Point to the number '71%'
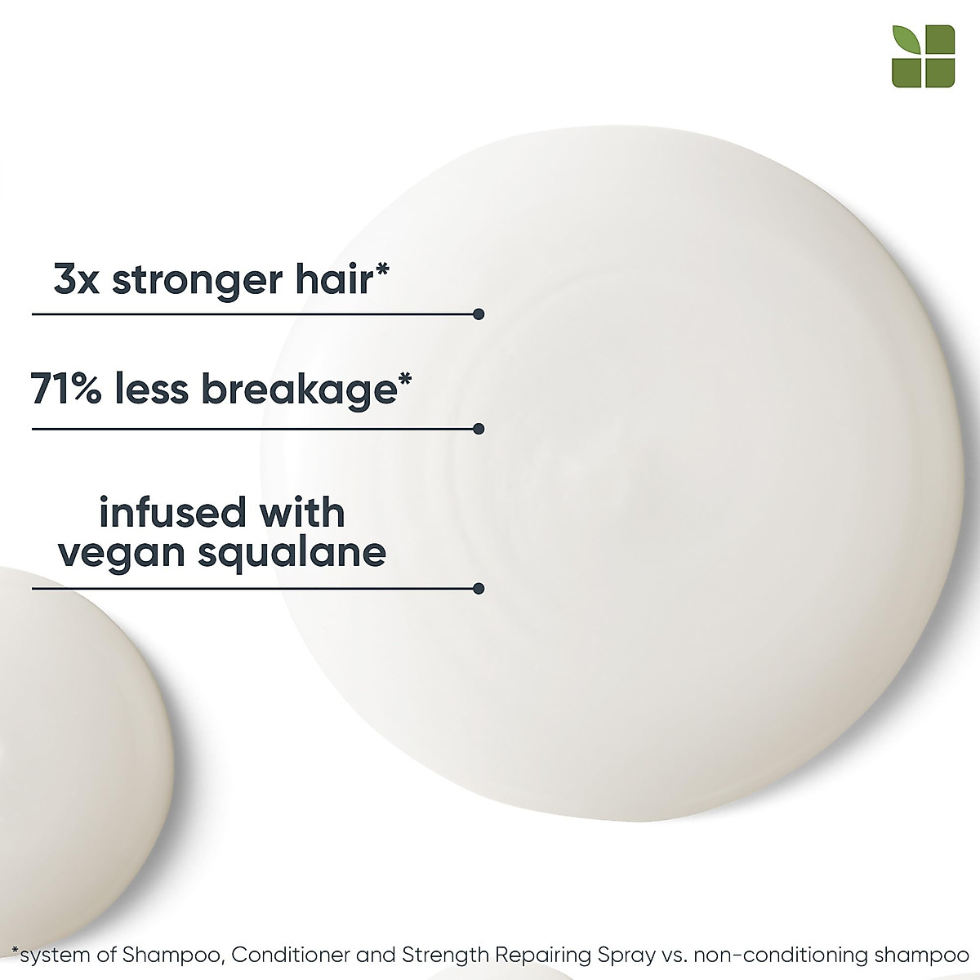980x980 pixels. tap(65, 389)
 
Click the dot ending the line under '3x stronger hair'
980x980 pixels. tap(479, 314)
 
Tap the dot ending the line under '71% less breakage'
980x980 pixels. tap(479, 428)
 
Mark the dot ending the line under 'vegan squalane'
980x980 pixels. tap(479, 588)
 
